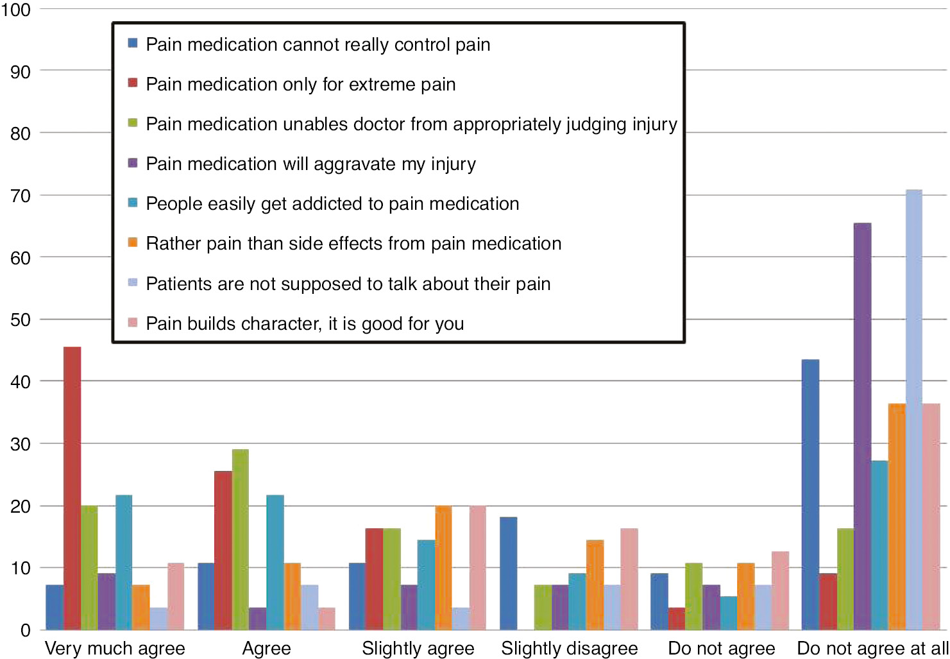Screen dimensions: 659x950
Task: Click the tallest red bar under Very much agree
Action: pos(72,488)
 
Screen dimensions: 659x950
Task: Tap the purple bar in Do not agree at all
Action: pos(862,426)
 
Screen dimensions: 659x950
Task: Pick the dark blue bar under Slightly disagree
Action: pos(508,573)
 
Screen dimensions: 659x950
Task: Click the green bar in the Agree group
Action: pos(240,539)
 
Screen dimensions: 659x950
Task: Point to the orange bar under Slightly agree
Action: pos(443,567)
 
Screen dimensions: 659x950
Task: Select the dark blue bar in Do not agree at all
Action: pos(810,494)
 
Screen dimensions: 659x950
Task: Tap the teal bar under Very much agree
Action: pos(124,562)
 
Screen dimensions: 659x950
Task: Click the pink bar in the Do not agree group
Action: pos(780,590)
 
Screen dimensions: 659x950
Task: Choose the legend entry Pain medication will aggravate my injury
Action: pos(310,164)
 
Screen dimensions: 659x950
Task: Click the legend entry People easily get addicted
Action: pos(332,204)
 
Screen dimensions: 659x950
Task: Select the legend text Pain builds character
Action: pos(305,323)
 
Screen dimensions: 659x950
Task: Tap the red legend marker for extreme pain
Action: pos(133,83)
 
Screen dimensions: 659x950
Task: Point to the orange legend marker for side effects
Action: pos(133,242)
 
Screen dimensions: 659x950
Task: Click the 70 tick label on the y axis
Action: pos(21,196)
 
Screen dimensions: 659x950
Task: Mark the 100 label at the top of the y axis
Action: pos(15,10)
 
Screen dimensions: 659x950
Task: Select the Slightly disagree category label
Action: pos(570,648)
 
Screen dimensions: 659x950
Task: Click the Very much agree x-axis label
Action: pos(115,648)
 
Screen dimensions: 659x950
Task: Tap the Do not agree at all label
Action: pos(872,648)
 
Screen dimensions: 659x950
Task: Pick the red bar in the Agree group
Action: pos(223,550)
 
